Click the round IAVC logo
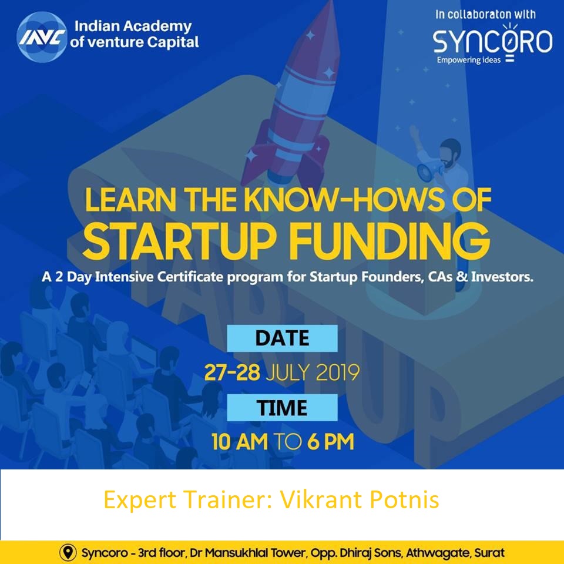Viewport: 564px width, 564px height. [x=42, y=36]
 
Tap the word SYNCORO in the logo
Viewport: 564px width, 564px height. [x=492, y=41]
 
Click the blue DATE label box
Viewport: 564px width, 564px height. [x=282, y=338]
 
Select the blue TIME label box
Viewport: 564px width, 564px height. [x=282, y=407]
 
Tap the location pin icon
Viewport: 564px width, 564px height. [x=69, y=553]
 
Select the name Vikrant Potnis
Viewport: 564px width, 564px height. [x=360, y=501]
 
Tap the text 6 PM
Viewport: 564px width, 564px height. [x=330, y=442]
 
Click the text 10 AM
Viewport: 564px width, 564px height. [x=239, y=442]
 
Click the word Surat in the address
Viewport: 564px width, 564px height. [x=489, y=553]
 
